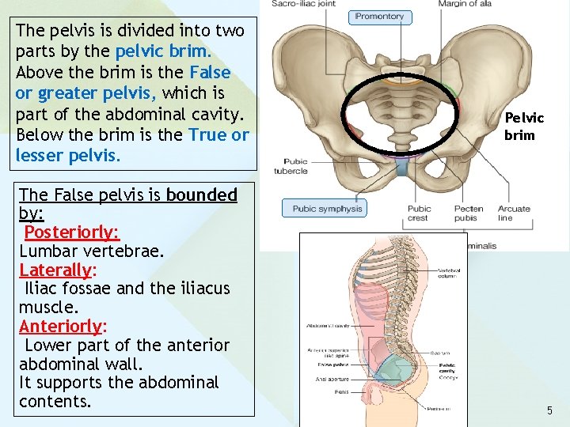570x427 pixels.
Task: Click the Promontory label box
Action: point(380,16)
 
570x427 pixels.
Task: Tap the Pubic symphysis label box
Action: point(326,209)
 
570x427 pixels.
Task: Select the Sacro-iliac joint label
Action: point(302,3)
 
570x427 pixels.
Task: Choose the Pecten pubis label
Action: point(469,213)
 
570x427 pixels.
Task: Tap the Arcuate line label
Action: point(515,213)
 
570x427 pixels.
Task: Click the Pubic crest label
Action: point(419,213)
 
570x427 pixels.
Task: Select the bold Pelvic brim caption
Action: point(524,127)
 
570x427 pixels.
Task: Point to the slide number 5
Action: point(549,410)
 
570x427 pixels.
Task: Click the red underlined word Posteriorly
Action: point(71,232)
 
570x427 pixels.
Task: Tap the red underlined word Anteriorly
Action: point(62,327)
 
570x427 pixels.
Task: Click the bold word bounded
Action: point(201,195)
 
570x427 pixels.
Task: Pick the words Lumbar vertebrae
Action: point(91,251)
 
